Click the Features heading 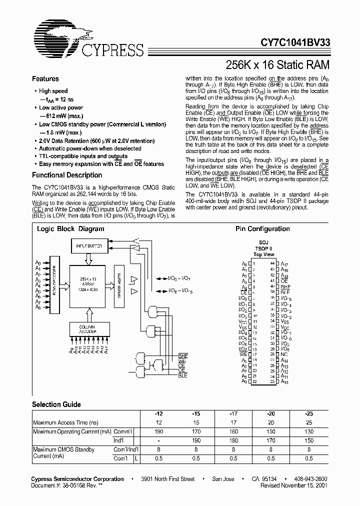coord(45,79)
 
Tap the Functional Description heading coord(67,175)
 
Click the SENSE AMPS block coord(118,282)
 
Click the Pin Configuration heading coord(262,229)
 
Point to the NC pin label coord(284,354)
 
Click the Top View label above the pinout coord(264,254)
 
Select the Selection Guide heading coord(56,404)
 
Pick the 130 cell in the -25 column coord(309,431)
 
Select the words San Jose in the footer coord(223,479)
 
